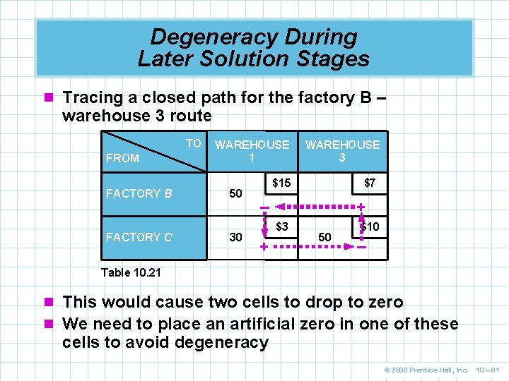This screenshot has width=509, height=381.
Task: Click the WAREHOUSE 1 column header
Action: coord(252,151)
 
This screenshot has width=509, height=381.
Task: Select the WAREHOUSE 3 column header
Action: coord(342,151)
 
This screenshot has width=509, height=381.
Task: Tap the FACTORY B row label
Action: coord(139,193)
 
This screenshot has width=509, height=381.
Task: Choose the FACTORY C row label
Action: coord(139,238)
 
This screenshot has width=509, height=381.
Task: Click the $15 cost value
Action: coord(281,183)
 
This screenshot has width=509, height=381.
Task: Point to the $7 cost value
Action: coord(369,183)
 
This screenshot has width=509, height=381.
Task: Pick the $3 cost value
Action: coord(282,226)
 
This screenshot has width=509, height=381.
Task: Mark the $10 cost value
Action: coord(370,226)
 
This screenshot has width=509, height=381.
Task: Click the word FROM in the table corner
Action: coord(122,158)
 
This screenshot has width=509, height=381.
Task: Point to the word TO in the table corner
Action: coord(193,143)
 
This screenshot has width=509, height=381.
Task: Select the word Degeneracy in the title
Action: coord(204,37)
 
